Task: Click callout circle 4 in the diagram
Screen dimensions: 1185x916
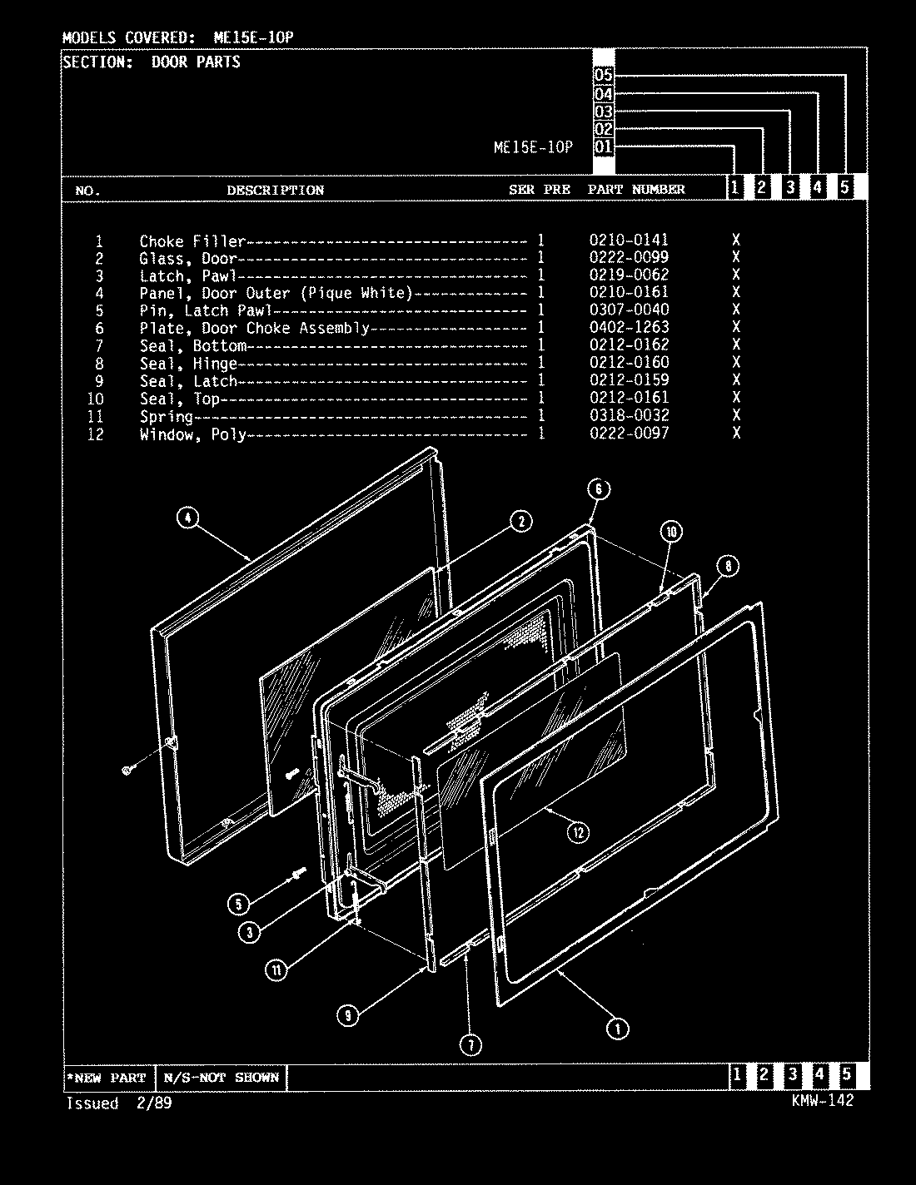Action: pyautogui.click(x=188, y=518)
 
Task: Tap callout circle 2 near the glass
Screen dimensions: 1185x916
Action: pyautogui.click(x=520, y=522)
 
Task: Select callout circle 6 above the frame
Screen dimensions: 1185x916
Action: pyautogui.click(x=599, y=488)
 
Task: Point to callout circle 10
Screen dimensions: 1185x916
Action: pyautogui.click(x=672, y=532)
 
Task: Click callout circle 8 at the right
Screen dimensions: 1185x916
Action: pyautogui.click(x=727, y=567)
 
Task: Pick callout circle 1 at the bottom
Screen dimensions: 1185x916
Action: pyautogui.click(x=617, y=1029)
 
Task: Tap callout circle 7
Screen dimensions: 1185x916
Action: pyautogui.click(x=470, y=1045)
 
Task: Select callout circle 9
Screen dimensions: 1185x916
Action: pyautogui.click(x=349, y=1014)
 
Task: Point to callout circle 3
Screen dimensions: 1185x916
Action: pyautogui.click(x=249, y=932)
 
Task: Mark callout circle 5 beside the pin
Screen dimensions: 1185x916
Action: pyautogui.click(x=239, y=905)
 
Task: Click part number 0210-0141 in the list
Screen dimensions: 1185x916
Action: pyautogui.click(x=629, y=240)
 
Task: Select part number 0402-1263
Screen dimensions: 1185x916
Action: pyautogui.click(x=629, y=328)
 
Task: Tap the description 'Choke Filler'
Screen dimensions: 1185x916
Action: pyautogui.click(x=192, y=241)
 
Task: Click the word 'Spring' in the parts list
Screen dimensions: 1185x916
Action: pyautogui.click(x=166, y=417)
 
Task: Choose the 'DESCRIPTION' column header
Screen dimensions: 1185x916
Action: pyautogui.click(x=276, y=191)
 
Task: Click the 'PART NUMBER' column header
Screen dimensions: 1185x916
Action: pyautogui.click(x=636, y=190)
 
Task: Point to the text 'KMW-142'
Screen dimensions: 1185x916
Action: pyautogui.click(x=824, y=1100)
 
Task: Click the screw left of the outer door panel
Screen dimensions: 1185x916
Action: pyautogui.click(x=128, y=771)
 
